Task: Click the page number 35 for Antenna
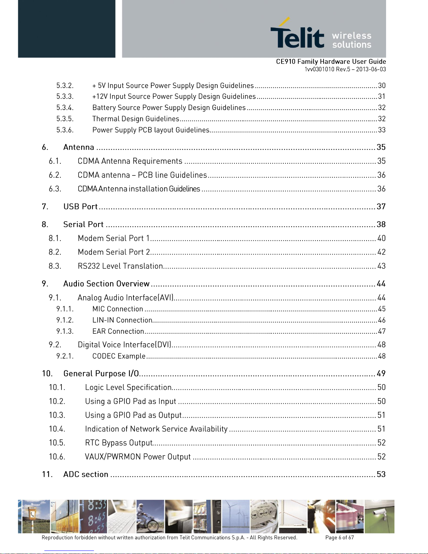tap(381, 147)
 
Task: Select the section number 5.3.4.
tap(65, 108)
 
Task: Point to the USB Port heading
tap(80, 207)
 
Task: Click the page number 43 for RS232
tap(381, 266)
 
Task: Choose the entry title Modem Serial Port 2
tap(114, 252)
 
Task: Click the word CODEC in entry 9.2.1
tap(103, 356)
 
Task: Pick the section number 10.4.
tap(57, 429)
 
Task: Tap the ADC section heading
tap(86, 474)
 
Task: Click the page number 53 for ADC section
tap(381, 474)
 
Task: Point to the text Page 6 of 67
tap(339, 538)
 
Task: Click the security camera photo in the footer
tap(379, 516)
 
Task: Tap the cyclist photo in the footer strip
tap(150, 516)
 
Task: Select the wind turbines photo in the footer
tap(235, 516)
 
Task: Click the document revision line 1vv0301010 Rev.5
tap(345, 69)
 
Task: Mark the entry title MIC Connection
tap(118, 309)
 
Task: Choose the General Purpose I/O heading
tap(101, 374)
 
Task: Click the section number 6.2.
tap(55, 175)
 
